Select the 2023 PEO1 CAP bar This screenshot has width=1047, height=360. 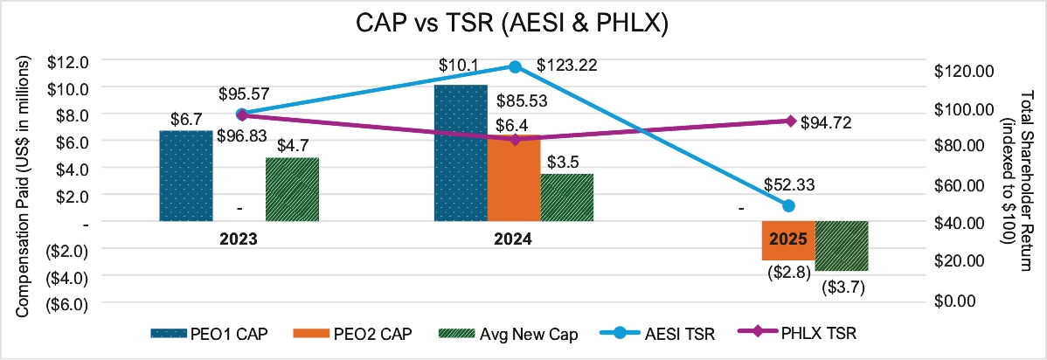pyautogui.click(x=185, y=176)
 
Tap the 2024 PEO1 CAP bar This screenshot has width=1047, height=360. pyautogui.click(x=461, y=153)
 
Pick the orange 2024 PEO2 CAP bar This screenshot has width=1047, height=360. pyautogui.click(x=514, y=179)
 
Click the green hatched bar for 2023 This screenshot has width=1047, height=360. pyautogui.click(x=292, y=189)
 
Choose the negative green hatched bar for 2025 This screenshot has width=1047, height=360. pyautogui.click(x=842, y=246)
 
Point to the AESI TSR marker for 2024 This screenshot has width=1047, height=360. pyautogui.click(x=515, y=66)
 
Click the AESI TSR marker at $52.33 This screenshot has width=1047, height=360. pyautogui.click(x=788, y=205)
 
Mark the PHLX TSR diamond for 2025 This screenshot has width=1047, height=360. pyautogui.click(x=790, y=121)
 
